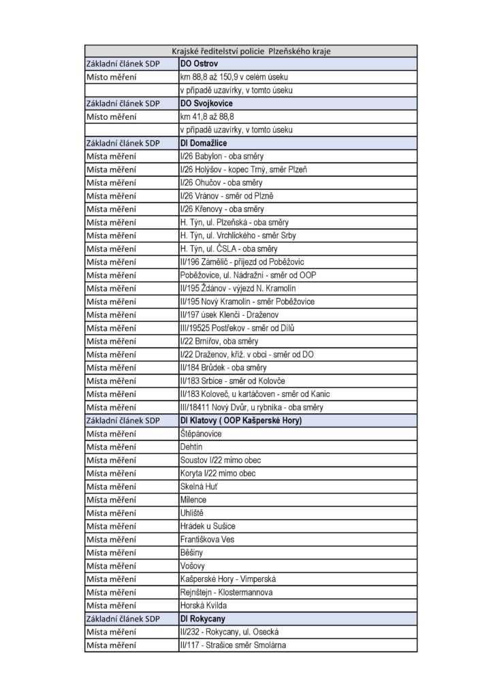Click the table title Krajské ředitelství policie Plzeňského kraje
(x=251, y=51)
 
